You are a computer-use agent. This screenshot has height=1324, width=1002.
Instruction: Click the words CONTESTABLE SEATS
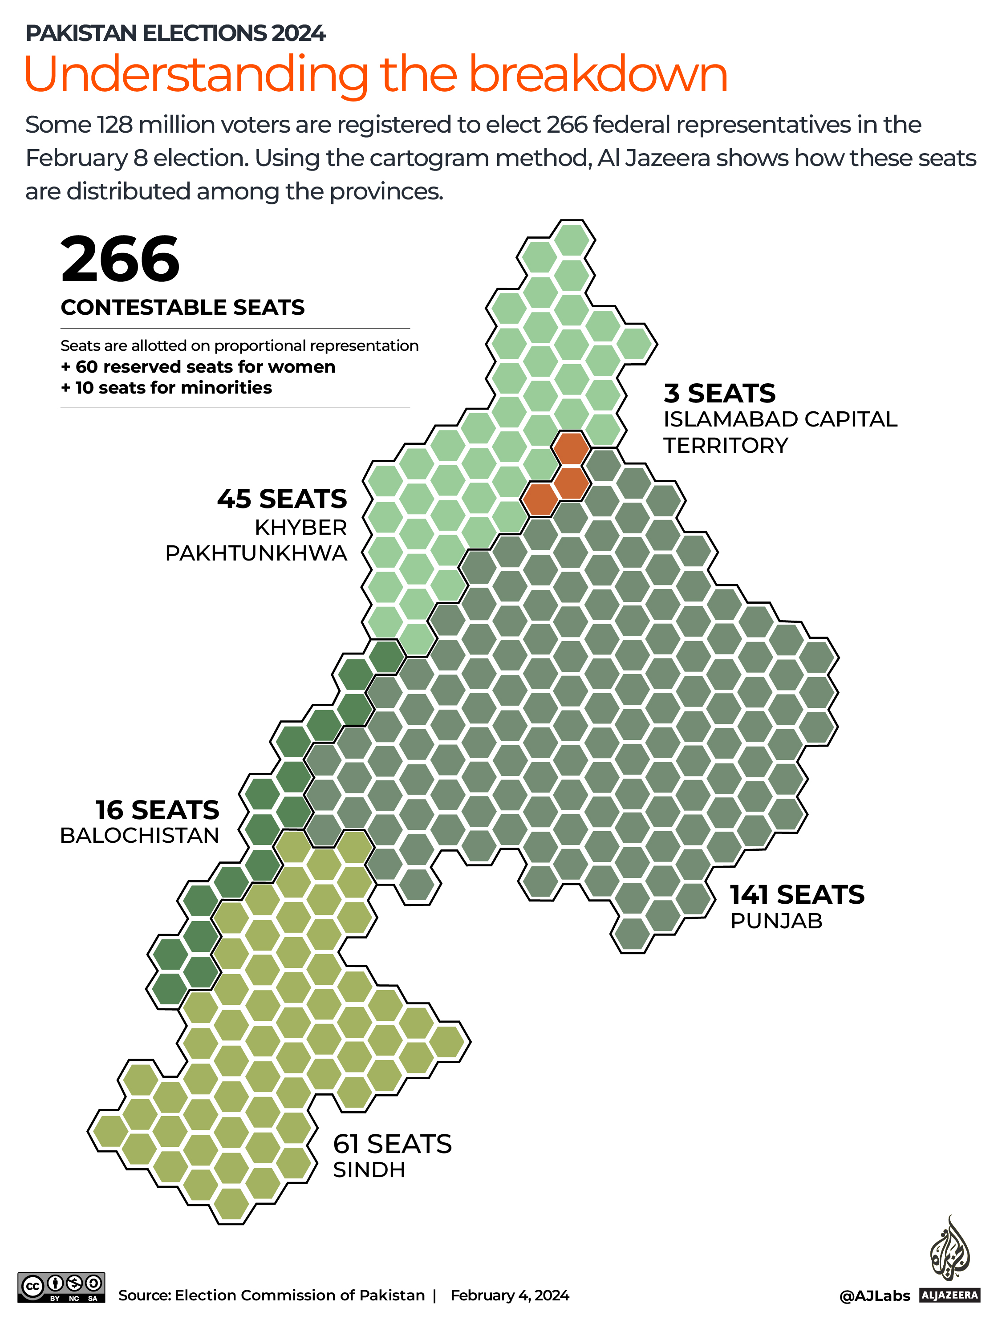(x=183, y=308)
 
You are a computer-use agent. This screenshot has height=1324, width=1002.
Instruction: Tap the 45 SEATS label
(x=282, y=499)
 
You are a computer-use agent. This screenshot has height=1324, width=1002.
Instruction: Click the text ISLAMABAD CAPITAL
(x=780, y=419)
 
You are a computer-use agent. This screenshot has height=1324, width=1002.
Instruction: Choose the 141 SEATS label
(x=797, y=895)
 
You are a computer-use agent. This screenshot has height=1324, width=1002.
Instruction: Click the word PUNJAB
(x=776, y=921)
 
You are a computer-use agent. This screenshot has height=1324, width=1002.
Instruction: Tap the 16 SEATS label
(x=158, y=810)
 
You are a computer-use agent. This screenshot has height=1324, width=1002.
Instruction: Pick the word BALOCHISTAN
(x=139, y=836)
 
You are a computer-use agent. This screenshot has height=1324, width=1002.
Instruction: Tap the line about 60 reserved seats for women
(x=198, y=367)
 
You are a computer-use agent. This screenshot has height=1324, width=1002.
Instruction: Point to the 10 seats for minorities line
(x=166, y=388)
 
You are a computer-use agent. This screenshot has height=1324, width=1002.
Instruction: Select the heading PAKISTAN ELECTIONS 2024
(x=175, y=33)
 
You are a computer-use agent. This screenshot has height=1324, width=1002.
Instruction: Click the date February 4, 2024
(x=509, y=1295)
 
